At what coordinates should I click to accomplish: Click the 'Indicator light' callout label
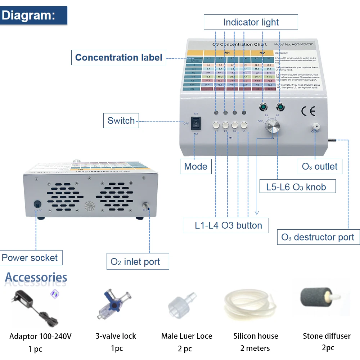point(251,22)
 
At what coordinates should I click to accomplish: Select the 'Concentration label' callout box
point(118,58)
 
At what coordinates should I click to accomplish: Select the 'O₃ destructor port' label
point(318,237)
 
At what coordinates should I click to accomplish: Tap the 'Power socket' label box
point(30,258)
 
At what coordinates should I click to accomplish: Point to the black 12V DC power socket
point(37,204)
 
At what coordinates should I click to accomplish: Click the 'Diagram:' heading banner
point(33,15)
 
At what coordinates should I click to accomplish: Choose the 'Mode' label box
point(195,166)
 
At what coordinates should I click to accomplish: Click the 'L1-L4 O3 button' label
point(228,225)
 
